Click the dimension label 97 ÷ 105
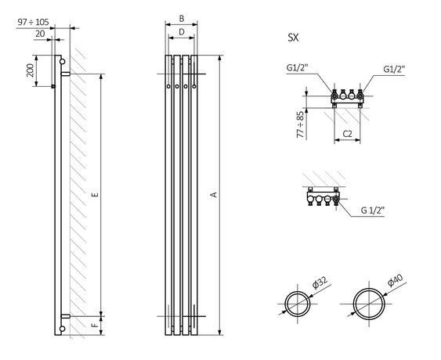point(33,22)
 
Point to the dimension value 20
point(40,34)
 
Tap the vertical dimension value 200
point(30,70)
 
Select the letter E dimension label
point(96,194)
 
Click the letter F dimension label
point(96,325)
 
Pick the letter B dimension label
point(182,19)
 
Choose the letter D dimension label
point(182,32)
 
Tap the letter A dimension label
point(215,194)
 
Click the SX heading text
point(293,38)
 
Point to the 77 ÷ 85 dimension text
point(301,124)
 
